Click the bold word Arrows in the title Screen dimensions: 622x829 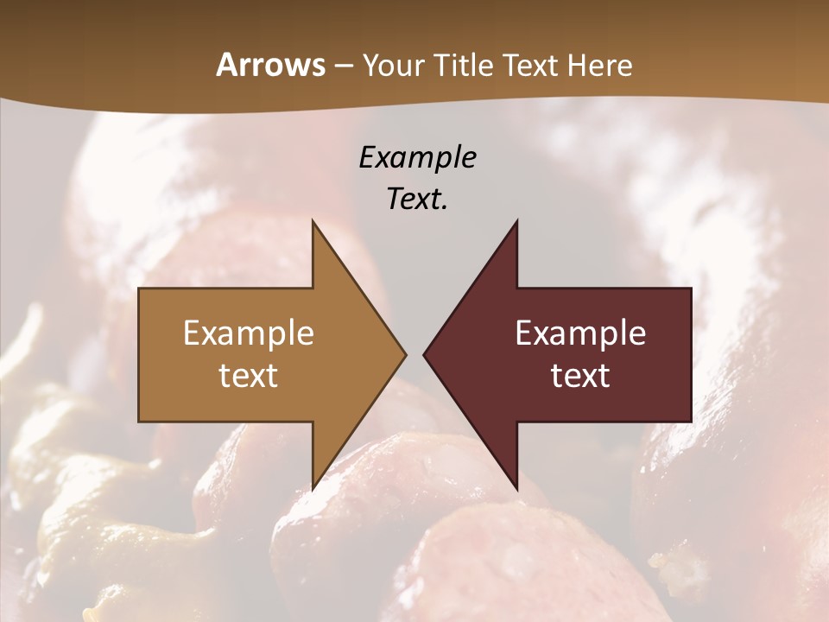270,65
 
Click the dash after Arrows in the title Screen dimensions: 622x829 343,67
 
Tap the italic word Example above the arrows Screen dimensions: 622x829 417,157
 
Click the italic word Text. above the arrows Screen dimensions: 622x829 417,199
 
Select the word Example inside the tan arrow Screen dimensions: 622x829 249,333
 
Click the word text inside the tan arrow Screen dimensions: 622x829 249,376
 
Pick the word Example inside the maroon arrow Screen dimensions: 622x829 580,333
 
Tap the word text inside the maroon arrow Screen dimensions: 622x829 580,376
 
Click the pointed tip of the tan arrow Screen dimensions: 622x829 405,354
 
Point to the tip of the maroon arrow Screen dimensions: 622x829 424,354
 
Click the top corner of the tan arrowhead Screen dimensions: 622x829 313,221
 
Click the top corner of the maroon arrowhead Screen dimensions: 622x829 516,221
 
